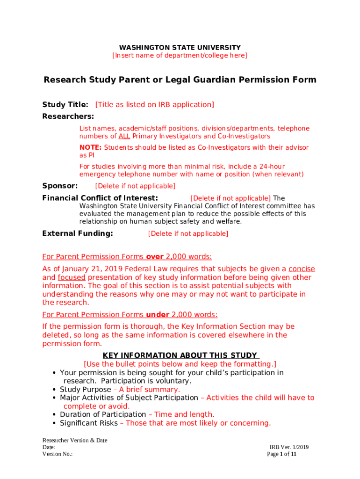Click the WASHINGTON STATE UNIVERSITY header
point(180,48)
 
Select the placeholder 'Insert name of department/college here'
point(180,56)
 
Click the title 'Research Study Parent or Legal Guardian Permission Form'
point(180,80)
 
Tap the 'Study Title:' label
point(65,105)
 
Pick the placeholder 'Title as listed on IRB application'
point(155,105)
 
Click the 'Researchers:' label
point(68,116)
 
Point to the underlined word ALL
point(124,137)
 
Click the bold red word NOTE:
point(90,148)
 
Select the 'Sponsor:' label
point(60,186)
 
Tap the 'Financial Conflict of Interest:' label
point(100,198)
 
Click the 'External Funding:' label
point(78,233)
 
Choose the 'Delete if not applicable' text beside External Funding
point(188,234)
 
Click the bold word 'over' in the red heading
point(155,257)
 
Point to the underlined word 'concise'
point(302,269)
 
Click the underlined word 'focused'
point(72,277)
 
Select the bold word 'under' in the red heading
point(158,315)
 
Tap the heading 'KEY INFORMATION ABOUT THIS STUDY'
point(180,356)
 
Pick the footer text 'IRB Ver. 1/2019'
point(289,448)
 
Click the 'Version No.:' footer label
point(58,454)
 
